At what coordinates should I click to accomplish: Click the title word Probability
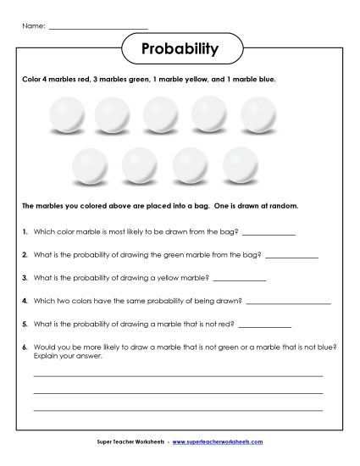(180, 49)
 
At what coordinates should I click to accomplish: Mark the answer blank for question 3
(240, 279)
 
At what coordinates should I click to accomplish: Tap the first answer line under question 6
(178, 374)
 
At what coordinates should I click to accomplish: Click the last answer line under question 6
(178, 409)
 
